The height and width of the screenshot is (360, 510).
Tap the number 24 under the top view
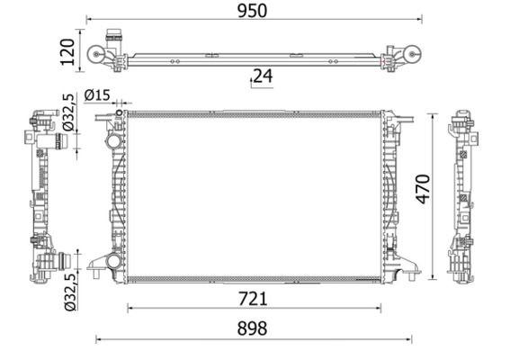262,76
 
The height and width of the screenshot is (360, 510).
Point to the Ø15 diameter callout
97,95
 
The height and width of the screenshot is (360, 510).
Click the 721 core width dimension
253,298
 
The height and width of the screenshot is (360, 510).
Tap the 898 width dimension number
253,329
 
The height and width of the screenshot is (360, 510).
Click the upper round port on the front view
112,142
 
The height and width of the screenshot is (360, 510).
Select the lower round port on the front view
112,262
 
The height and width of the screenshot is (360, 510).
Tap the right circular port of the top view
411,55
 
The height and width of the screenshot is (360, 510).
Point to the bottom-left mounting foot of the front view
95,265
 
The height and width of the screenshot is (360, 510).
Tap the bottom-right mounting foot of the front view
410,265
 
